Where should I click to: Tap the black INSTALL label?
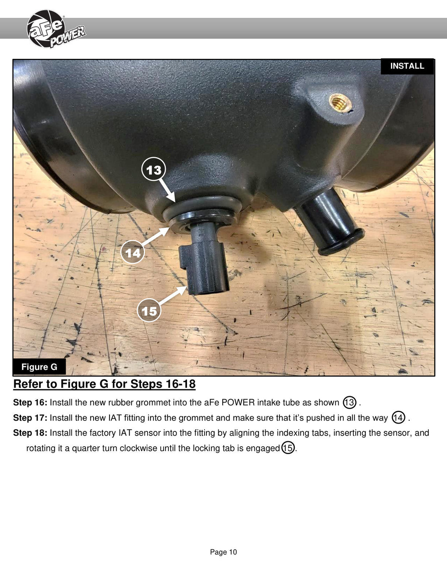(407, 66)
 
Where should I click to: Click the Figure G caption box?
(39, 366)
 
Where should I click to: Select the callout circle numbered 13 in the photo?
(153, 170)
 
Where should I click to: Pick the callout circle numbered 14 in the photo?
(133, 252)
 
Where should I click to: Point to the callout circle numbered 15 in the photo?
(149, 311)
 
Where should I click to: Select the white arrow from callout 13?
(167, 190)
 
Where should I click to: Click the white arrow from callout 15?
(173, 295)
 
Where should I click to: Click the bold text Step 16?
(30, 403)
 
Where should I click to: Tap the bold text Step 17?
(30, 418)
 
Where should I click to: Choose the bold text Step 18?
(30, 433)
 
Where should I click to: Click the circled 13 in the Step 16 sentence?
(349, 402)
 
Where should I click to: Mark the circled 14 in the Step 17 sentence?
(398, 418)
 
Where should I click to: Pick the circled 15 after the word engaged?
(288, 448)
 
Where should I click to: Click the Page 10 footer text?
(223, 552)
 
